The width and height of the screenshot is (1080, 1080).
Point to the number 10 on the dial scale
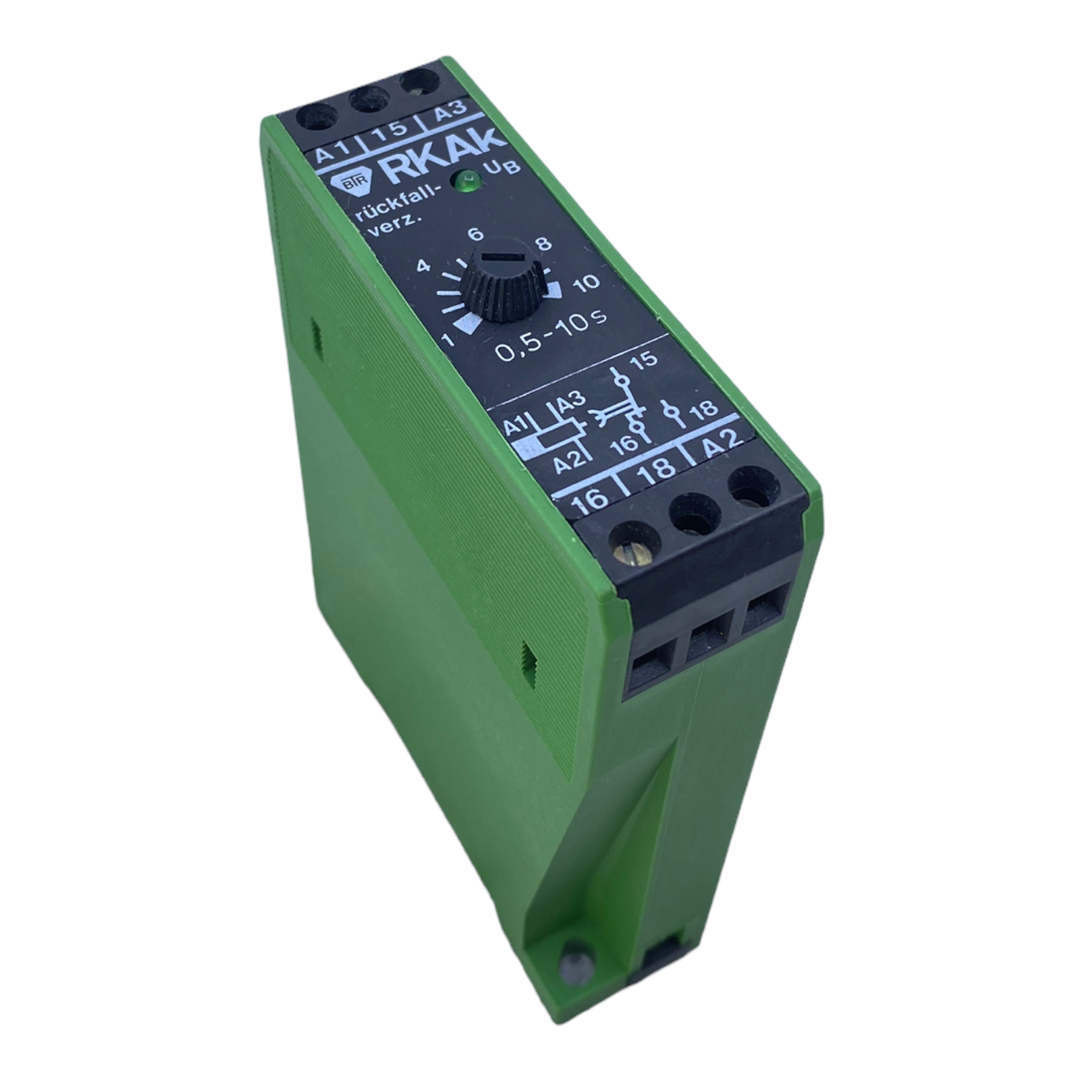[585, 282]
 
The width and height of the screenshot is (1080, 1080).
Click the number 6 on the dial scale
[476, 235]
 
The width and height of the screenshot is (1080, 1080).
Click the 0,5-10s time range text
[550, 340]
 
